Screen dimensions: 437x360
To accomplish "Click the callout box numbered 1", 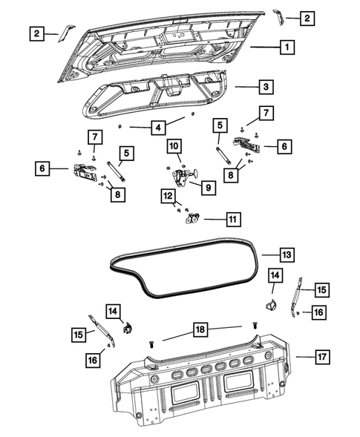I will pos(285,47).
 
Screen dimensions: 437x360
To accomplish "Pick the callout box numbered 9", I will pos(208,188).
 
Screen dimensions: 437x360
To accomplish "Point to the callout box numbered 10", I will pos(174,146).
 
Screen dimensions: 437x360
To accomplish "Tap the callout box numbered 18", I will pos(200,328).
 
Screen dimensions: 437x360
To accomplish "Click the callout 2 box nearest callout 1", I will pos(307,18).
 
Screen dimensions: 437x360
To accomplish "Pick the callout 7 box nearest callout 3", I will pos(265,114).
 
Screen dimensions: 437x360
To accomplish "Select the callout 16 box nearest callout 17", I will pos(318,312).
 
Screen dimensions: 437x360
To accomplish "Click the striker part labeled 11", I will pos(194,218).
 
